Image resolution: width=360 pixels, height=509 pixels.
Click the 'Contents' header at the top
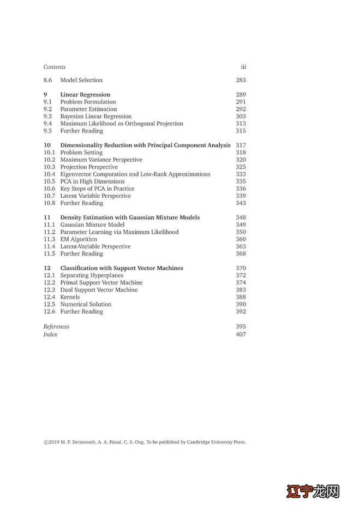click(x=55, y=67)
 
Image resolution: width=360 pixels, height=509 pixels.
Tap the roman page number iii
click(x=243, y=67)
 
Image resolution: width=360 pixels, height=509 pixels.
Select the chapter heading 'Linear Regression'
click(x=85, y=95)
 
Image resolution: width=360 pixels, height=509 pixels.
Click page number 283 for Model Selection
click(x=241, y=80)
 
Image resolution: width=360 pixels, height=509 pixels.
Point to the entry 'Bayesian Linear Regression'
click(x=96, y=116)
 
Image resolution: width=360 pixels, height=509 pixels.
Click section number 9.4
click(x=47, y=124)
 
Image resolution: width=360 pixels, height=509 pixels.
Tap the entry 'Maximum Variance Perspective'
click(x=101, y=160)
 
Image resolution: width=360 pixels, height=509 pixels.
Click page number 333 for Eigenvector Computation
click(x=241, y=174)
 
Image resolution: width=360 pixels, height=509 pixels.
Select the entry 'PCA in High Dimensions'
click(x=92, y=181)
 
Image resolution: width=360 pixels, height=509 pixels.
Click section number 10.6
click(x=49, y=189)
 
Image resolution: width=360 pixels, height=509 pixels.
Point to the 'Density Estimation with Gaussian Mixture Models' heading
click(x=130, y=217)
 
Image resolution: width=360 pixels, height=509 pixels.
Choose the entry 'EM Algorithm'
click(x=79, y=239)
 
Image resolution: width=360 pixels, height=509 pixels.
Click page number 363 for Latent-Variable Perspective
click(x=241, y=246)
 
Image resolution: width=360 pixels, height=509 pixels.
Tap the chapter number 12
click(x=47, y=268)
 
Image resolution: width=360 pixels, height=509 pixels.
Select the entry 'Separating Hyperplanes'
click(x=92, y=275)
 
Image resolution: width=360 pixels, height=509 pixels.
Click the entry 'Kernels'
click(x=70, y=297)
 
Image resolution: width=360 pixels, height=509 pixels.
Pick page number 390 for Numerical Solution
click(x=241, y=304)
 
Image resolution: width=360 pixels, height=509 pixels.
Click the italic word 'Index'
click(x=50, y=334)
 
